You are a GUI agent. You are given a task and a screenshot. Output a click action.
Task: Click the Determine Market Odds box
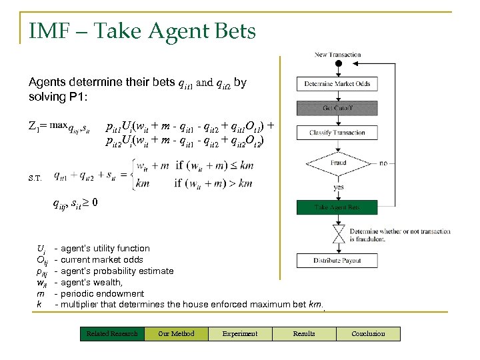(x=337, y=84)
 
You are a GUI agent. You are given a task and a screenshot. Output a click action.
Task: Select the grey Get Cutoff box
(x=337, y=109)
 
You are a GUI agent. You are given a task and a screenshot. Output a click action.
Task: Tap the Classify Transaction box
(x=337, y=133)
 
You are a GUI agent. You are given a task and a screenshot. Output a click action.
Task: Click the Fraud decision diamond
(x=338, y=163)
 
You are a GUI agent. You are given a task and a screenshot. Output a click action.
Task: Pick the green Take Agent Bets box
(x=337, y=207)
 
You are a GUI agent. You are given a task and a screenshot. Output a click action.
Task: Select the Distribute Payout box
(x=337, y=261)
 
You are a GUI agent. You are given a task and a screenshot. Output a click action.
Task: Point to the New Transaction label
(x=337, y=55)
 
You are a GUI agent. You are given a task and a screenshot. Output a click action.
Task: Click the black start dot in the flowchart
(x=338, y=64)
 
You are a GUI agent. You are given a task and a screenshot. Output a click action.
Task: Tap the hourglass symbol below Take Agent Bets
(x=337, y=233)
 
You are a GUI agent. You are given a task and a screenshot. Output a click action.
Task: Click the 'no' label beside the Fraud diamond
(x=383, y=163)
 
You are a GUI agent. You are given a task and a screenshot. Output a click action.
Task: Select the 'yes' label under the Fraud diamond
(x=339, y=188)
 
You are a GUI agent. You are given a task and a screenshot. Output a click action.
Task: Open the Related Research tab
(x=112, y=333)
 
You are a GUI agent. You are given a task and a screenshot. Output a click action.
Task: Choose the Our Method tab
(x=176, y=333)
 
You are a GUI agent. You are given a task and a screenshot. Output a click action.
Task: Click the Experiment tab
(x=240, y=333)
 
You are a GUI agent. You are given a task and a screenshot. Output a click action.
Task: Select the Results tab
(x=304, y=333)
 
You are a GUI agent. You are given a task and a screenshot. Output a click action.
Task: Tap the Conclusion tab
(x=368, y=333)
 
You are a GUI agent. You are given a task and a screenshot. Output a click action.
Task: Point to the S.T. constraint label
(x=35, y=178)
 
